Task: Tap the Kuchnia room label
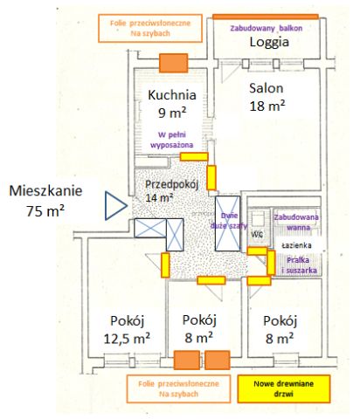172,95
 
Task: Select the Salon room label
266,88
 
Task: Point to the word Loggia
268,42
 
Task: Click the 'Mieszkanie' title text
46,189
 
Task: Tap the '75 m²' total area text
46,210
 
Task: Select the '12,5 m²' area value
128,336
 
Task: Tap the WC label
257,234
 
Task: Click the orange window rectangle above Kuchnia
174,63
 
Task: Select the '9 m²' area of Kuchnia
172,113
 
